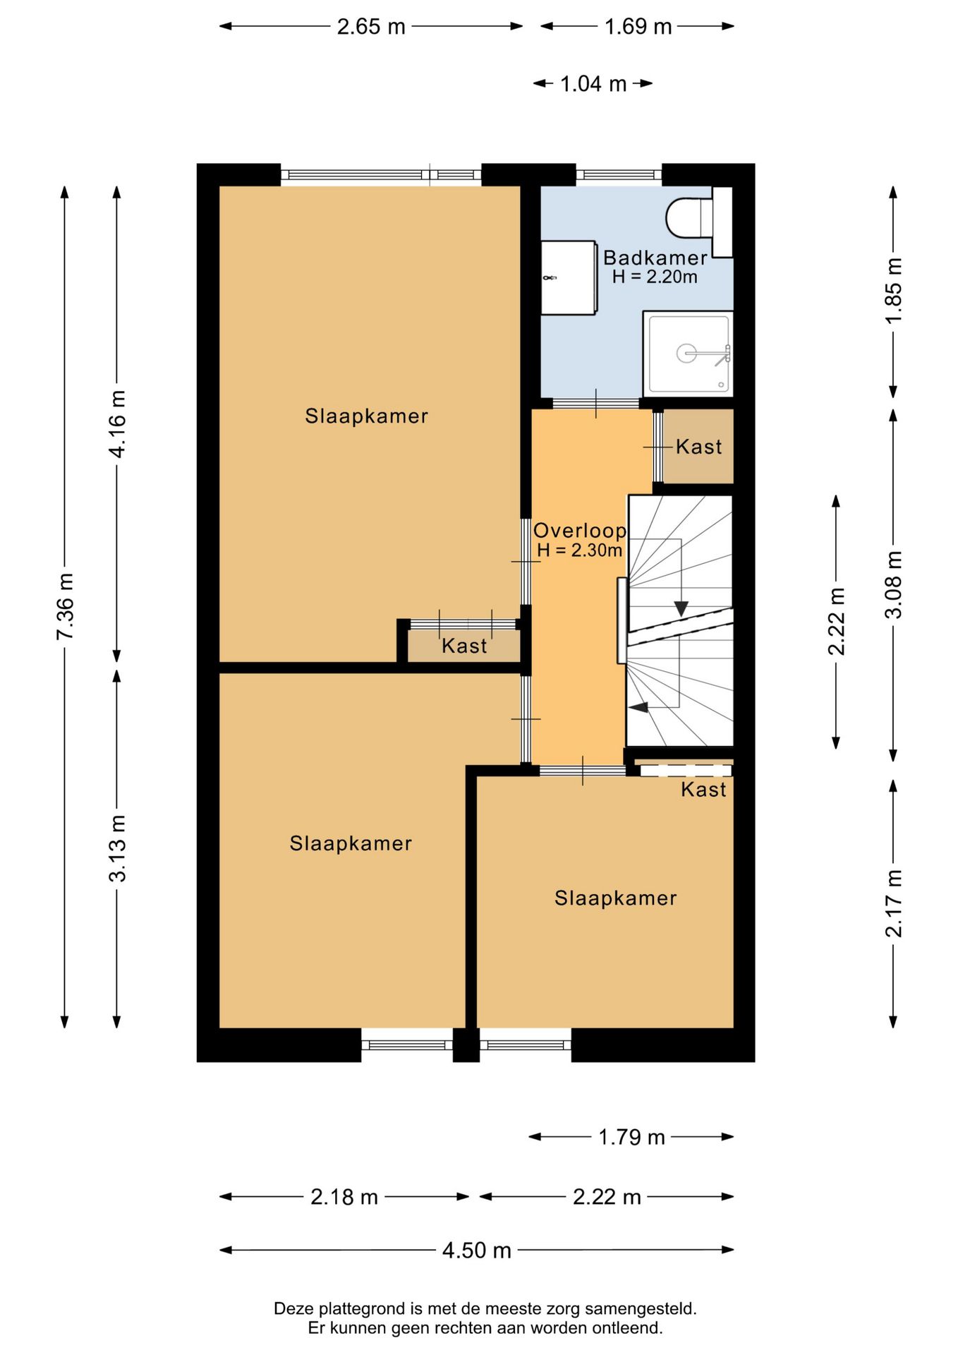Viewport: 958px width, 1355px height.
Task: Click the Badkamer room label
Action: (655, 258)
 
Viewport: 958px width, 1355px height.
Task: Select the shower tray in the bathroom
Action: (689, 354)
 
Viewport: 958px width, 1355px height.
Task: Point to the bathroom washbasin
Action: (569, 277)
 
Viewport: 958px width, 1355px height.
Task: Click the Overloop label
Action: (580, 531)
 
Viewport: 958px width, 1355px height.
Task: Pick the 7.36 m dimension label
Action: (65, 607)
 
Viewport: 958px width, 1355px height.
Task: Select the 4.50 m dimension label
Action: (477, 1251)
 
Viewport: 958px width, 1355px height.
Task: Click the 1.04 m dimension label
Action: (593, 84)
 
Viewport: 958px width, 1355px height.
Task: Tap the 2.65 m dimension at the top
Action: (371, 27)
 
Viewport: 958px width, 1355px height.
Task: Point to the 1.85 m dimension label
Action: (894, 291)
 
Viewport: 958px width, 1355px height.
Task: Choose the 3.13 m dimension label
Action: (117, 848)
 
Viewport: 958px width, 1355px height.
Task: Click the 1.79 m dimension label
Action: (631, 1137)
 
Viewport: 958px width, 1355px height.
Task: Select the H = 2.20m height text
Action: (655, 277)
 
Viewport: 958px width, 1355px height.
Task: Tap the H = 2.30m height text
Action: (580, 550)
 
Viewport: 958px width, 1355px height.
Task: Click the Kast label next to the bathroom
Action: (699, 447)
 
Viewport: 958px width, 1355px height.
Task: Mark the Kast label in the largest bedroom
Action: (464, 646)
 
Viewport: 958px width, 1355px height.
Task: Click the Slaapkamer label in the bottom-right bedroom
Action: (615, 898)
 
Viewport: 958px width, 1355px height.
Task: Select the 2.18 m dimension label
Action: (344, 1197)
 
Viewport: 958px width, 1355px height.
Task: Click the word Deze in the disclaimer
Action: (292, 1308)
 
